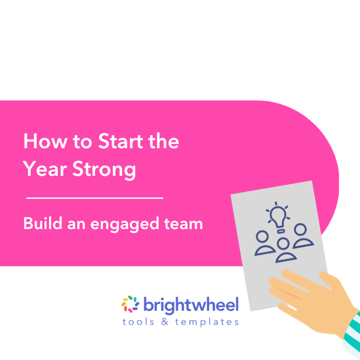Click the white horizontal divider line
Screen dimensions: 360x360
point(94,198)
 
